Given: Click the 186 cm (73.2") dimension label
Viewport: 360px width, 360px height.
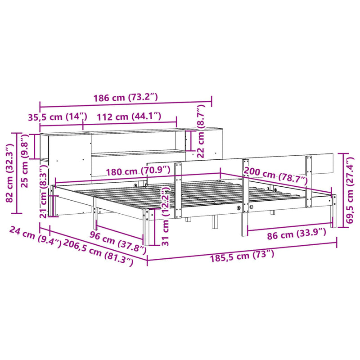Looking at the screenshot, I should [x=126, y=97].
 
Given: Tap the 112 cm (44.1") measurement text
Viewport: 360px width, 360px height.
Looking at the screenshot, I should [x=128, y=117].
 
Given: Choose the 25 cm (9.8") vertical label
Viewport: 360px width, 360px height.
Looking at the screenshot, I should [x=25, y=161].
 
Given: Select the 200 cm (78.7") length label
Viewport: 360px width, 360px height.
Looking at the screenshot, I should [x=275, y=175].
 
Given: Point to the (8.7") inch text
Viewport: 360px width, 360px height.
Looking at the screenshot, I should [x=201, y=117].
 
